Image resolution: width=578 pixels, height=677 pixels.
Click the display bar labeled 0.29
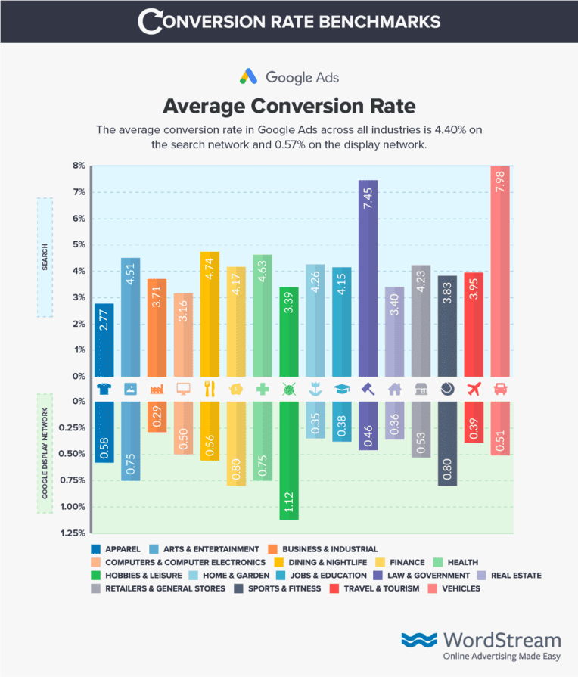click(x=157, y=416)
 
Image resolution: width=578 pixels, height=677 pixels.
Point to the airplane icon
click(x=474, y=389)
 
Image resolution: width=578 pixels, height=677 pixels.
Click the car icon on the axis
click(x=500, y=389)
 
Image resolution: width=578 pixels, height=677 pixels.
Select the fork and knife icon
click(x=210, y=389)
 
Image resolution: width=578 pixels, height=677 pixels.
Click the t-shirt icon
click(x=104, y=389)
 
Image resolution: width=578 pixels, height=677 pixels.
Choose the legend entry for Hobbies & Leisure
click(x=138, y=576)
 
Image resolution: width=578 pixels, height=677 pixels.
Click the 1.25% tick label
click(x=72, y=533)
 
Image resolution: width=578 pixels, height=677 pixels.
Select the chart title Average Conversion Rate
click(x=289, y=104)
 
